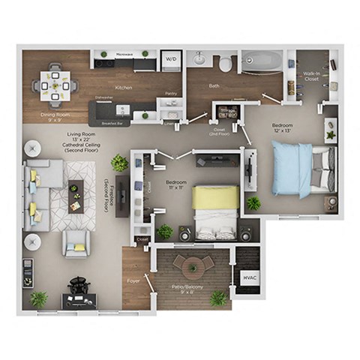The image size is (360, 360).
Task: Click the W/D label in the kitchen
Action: pos(170,59)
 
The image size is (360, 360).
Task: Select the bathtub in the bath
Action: pos(261,61)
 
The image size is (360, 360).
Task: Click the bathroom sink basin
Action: pos(200,58)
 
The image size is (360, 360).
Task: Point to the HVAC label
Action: pos(247,277)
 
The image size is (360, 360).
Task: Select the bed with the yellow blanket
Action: pos(215,209)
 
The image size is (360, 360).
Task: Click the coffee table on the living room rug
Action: pos(75,196)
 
